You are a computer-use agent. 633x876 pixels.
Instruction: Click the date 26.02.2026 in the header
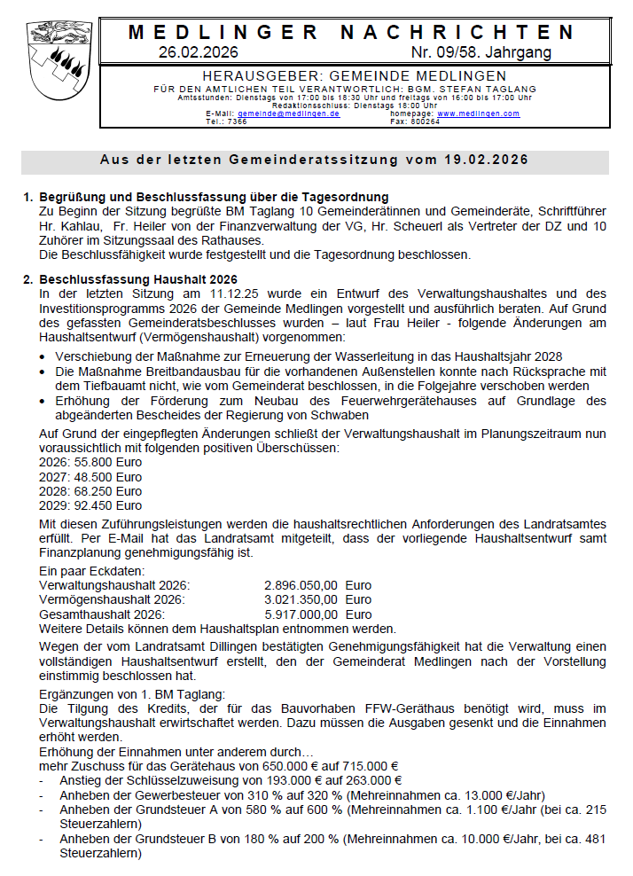[199, 52]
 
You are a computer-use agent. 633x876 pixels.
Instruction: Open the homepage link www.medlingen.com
[478, 114]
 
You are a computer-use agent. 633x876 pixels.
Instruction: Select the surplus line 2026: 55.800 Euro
[90, 463]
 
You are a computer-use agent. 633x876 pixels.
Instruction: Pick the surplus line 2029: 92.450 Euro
[90, 505]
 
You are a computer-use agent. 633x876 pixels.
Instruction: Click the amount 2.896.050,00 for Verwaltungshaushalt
[301, 586]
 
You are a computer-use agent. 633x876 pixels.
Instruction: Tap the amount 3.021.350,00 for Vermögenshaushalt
[301, 600]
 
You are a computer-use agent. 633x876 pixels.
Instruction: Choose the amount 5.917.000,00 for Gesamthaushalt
[301, 614]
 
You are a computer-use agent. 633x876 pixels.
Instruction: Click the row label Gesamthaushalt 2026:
[101, 614]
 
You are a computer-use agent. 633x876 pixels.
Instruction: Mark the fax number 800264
[426, 121]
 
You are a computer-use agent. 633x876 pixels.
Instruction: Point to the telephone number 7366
[237, 121]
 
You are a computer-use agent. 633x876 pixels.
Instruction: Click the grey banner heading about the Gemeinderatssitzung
[315, 160]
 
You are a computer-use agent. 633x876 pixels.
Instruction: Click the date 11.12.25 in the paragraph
[238, 293]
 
